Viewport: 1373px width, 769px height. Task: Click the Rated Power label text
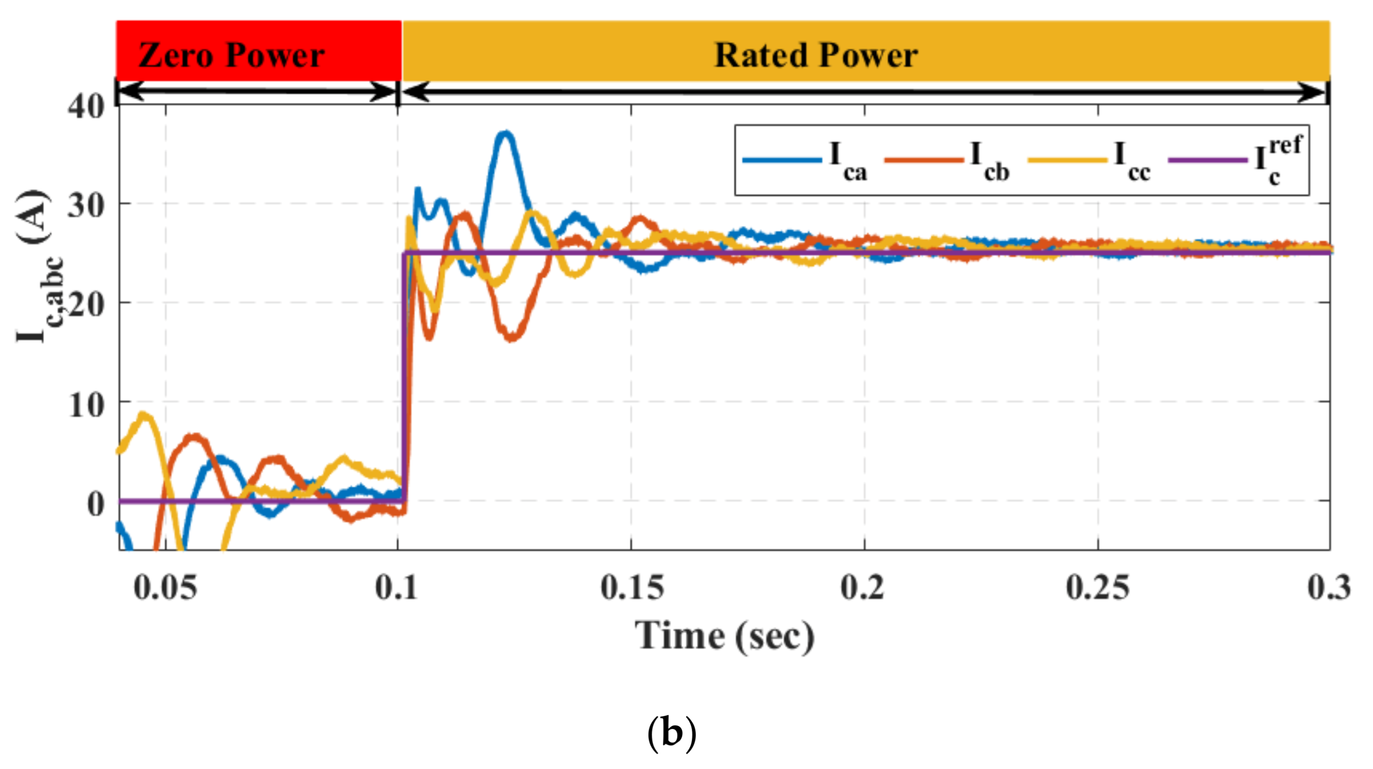pyautogui.click(x=816, y=55)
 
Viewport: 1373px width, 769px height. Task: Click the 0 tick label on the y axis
pyautogui.click(x=96, y=504)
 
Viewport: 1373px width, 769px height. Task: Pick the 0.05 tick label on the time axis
pyautogui.click(x=165, y=588)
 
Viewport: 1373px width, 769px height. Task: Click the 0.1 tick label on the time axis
pyautogui.click(x=397, y=588)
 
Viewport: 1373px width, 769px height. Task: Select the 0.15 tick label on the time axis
pyautogui.click(x=632, y=588)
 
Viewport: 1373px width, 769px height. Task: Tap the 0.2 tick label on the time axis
pyautogui.click(x=863, y=588)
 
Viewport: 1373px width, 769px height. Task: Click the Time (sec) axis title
pyautogui.click(x=725, y=636)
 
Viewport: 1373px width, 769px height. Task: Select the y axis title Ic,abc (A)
pyautogui.click(x=40, y=267)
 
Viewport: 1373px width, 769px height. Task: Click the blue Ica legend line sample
pyautogui.click(x=782, y=160)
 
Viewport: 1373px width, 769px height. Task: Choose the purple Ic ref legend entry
pyautogui.click(x=1236, y=160)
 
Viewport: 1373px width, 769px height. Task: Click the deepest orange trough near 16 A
pyautogui.click(x=512, y=337)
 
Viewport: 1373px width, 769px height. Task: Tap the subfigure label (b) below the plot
pyautogui.click(x=672, y=733)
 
